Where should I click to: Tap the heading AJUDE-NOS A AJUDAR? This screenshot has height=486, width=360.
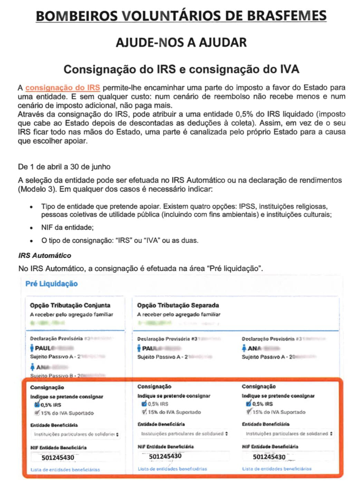181,42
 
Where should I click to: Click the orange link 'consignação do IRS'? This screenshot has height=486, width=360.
62,88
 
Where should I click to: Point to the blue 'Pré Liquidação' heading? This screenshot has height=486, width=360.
51,284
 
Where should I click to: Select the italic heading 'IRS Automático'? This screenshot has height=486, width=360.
45,256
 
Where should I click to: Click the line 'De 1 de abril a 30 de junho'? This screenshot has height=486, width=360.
64,167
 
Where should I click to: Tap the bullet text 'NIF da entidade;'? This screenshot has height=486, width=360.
67,228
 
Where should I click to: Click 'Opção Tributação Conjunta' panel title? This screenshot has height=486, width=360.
70,305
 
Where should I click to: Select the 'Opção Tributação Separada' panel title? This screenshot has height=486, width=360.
178,305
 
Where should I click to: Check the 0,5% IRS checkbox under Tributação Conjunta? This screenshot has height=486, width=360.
37,405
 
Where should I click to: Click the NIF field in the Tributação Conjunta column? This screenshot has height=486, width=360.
75,458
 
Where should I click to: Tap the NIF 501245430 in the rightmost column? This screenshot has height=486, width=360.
269,457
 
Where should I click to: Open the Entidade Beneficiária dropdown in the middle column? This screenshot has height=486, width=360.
184,434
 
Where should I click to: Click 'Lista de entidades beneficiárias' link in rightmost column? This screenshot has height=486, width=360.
276,469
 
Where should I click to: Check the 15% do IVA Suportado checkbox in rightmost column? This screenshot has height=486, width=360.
249,412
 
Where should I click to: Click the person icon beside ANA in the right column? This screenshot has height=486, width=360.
244,348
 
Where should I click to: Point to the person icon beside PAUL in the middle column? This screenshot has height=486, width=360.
139,348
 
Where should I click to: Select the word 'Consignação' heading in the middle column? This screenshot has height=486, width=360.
154,387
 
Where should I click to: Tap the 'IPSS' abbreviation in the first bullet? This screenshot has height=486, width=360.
247,207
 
